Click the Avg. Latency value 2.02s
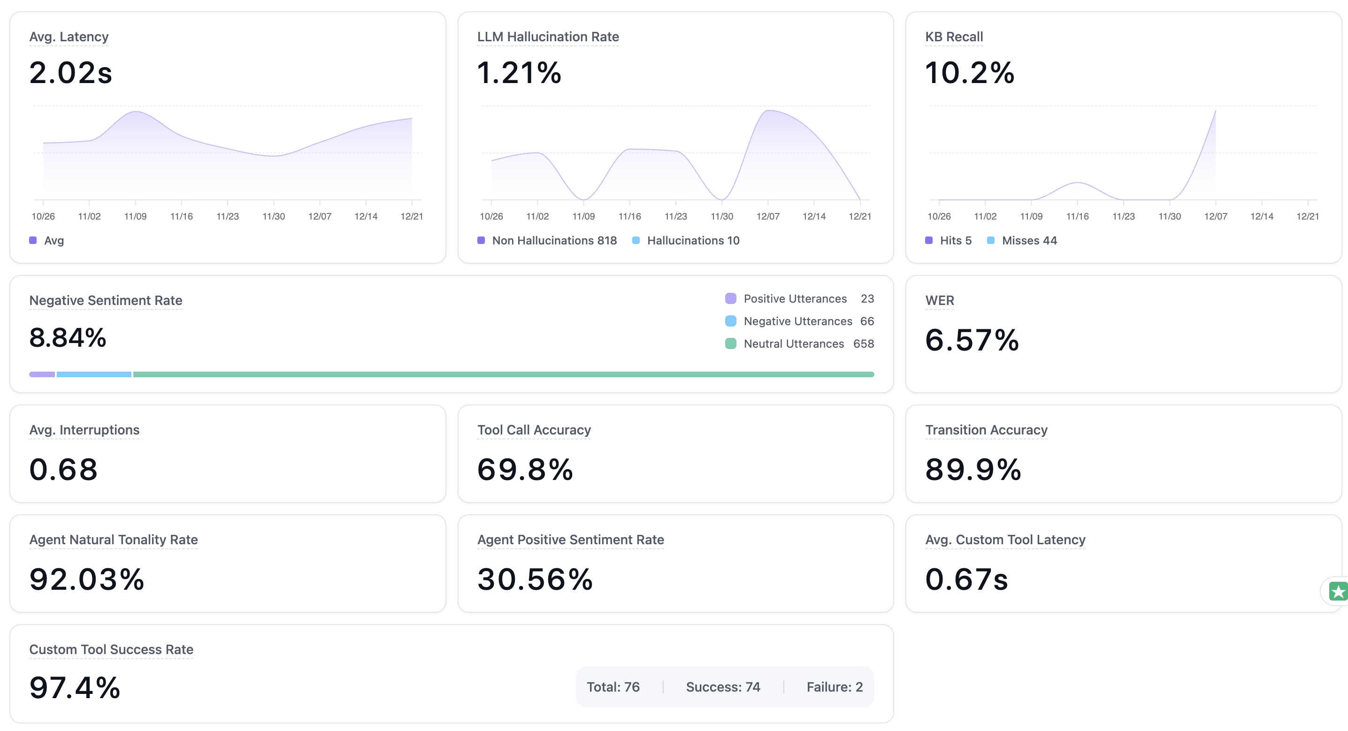pos(71,72)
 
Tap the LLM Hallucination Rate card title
pos(547,37)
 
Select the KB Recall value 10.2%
pos(969,72)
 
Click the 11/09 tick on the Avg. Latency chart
pos(135,215)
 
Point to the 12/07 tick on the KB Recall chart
pos(1215,215)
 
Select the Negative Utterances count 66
pos(866,321)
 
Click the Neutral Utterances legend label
pos(793,343)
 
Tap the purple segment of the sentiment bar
pos(42,374)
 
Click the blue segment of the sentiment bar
pos(94,374)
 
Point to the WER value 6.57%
pos(972,340)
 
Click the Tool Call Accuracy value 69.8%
pos(525,469)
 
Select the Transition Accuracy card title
pos(986,430)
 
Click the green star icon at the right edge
pos(1338,592)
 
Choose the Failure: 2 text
pos(834,686)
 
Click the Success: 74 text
pos(723,686)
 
